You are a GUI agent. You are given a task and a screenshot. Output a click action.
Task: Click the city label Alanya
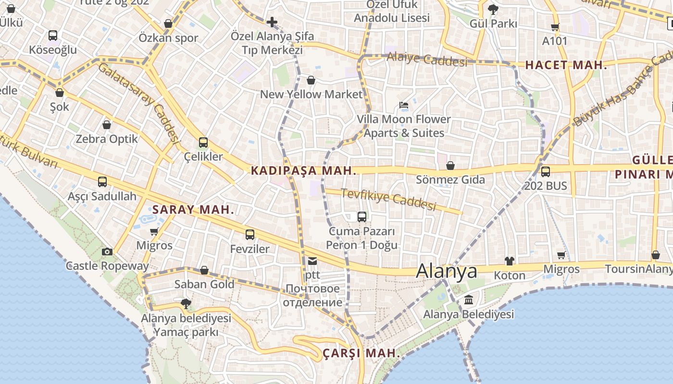pyautogui.click(x=447, y=271)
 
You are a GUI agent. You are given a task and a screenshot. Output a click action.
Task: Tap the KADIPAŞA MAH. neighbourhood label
pyautogui.click(x=303, y=170)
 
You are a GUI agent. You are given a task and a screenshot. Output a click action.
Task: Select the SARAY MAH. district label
pyautogui.click(x=193, y=210)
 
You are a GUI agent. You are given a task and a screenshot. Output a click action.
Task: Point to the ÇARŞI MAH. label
pyautogui.click(x=361, y=353)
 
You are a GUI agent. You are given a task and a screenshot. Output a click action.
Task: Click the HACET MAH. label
pyautogui.click(x=566, y=65)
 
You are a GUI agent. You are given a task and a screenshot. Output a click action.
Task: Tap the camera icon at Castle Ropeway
pyautogui.click(x=107, y=252)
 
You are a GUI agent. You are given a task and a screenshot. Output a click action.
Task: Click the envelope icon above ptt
pyautogui.click(x=312, y=261)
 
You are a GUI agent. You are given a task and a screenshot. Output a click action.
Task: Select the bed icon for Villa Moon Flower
pyautogui.click(x=404, y=105)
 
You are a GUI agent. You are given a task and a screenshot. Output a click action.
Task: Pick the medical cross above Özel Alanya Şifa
pyautogui.click(x=272, y=22)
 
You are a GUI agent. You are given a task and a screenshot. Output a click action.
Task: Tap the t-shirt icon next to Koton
pyautogui.click(x=510, y=261)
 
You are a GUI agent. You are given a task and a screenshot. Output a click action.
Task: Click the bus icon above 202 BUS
pyautogui.click(x=546, y=171)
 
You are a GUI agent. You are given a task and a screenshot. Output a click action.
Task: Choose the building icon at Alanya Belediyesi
pyautogui.click(x=468, y=300)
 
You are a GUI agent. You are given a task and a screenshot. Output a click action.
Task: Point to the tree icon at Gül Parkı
pyautogui.click(x=493, y=9)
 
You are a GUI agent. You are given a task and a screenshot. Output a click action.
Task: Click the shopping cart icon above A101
pyautogui.click(x=555, y=27)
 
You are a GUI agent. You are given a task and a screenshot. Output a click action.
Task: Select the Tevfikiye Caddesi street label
pyautogui.click(x=388, y=199)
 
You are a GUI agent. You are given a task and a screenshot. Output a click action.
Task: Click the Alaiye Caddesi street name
pyautogui.click(x=427, y=59)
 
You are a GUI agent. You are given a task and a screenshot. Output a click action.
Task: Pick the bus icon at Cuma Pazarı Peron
pyautogui.click(x=362, y=217)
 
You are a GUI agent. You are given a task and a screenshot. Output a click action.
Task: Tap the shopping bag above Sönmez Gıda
pyautogui.click(x=450, y=166)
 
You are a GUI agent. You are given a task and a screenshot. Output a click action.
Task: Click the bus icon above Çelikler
pyautogui.click(x=203, y=143)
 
